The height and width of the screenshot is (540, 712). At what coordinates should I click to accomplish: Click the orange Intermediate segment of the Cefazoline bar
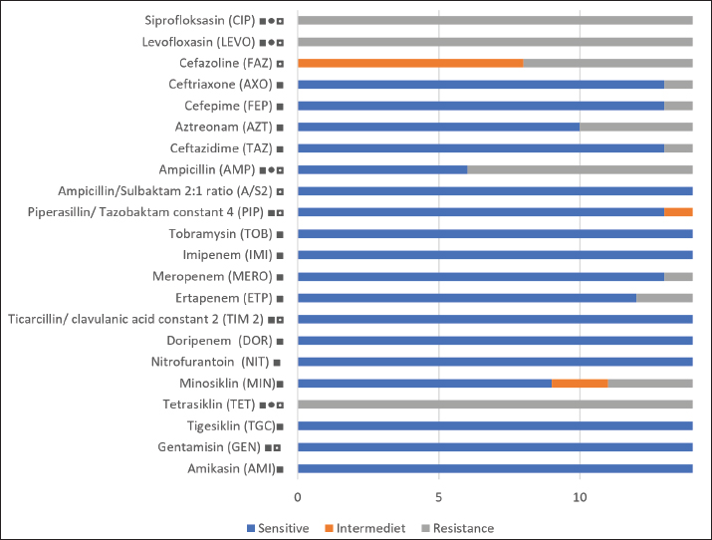click(409, 63)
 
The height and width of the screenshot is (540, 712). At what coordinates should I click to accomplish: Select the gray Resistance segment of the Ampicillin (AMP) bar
click(580, 169)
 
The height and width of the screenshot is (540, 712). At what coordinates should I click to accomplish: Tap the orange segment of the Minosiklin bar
click(580, 383)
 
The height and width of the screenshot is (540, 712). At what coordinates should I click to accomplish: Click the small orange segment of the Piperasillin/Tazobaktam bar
click(678, 212)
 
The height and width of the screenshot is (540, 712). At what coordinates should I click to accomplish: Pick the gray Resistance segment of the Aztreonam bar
click(636, 127)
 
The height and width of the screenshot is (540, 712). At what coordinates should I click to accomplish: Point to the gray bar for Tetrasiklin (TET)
click(495, 405)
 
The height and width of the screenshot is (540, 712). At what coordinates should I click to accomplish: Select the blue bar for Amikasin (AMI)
click(495, 468)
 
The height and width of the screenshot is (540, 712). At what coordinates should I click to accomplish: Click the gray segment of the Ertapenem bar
click(664, 297)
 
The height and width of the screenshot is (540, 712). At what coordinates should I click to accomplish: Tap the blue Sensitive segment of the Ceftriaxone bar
click(480, 84)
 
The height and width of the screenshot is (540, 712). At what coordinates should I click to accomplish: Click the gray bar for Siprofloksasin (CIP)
click(495, 20)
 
